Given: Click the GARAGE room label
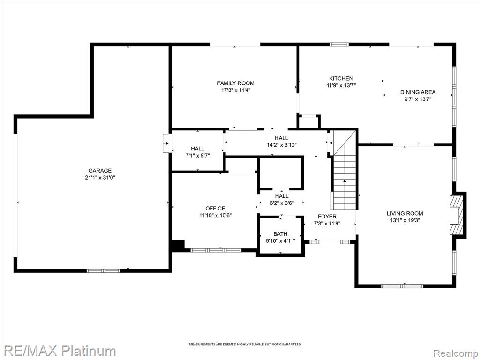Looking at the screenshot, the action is [100, 171].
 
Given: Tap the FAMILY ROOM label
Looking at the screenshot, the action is [236, 83].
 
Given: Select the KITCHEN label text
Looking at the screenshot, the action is [341, 79].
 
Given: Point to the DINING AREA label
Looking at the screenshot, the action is [418, 92].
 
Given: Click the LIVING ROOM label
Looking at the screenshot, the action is [405, 214].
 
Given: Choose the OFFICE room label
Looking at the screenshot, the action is [215, 209].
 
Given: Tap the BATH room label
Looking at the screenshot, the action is [280, 234].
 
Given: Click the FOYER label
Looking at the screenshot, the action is [327, 217].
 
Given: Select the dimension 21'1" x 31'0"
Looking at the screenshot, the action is [100, 178].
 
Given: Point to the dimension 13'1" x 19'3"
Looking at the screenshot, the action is [405, 220].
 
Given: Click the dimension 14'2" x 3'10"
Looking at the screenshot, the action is [282, 145].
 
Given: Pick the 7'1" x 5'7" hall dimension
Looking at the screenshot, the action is [197, 156].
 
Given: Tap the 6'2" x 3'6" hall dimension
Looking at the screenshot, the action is [282, 202].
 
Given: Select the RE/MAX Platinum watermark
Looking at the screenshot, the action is [58, 351].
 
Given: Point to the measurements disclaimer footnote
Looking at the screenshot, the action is [245, 345].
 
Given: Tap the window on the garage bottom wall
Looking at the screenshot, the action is [104, 270].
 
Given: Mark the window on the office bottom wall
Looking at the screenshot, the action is [216, 250].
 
